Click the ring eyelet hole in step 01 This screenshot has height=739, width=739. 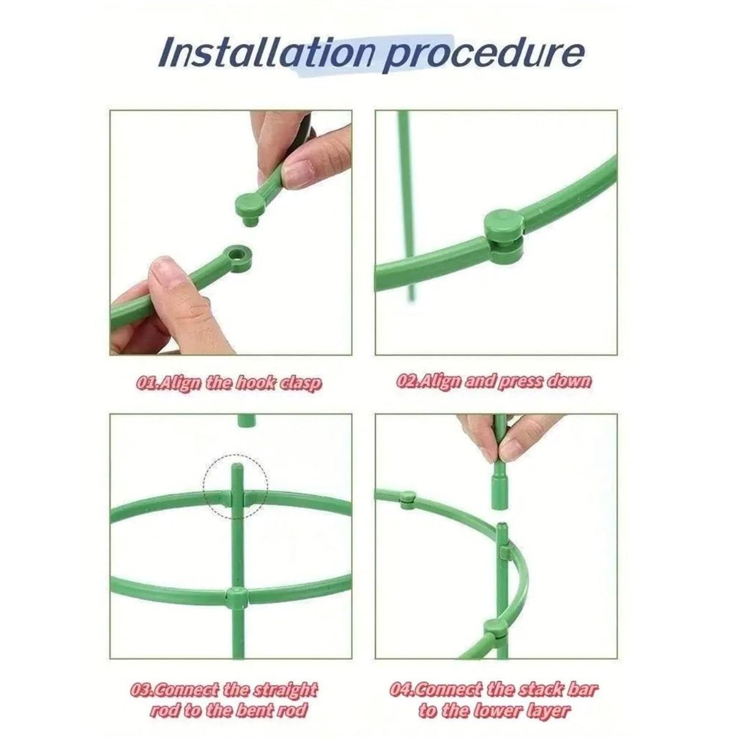(237, 256)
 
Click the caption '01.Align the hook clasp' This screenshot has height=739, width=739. (229, 383)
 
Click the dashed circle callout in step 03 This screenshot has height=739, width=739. (235, 487)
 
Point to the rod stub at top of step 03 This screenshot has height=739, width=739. (246, 420)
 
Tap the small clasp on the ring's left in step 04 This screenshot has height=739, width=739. (407, 499)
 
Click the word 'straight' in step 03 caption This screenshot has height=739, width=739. (285, 690)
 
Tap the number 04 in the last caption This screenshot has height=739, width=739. (400, 690)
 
